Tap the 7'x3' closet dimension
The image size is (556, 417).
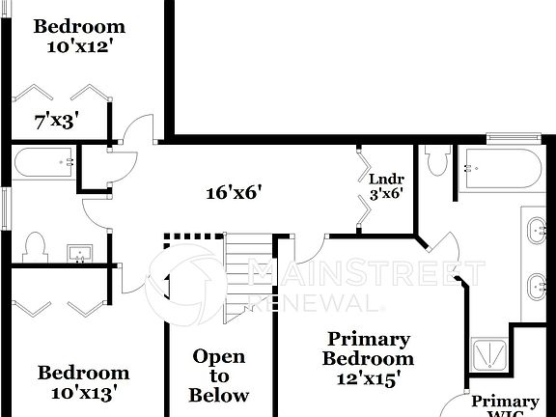click(x=55, y=121)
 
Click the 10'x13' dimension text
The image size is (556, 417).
click(x=83, y=393)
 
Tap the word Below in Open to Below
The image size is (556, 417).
click(x=219, y=395)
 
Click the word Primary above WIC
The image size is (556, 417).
click(x=506, y=402)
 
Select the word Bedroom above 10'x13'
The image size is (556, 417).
click(x=83, y=373)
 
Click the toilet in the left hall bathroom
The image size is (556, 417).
click(x=35, y=247)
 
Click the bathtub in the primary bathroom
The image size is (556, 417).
click(x=499, y=168)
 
